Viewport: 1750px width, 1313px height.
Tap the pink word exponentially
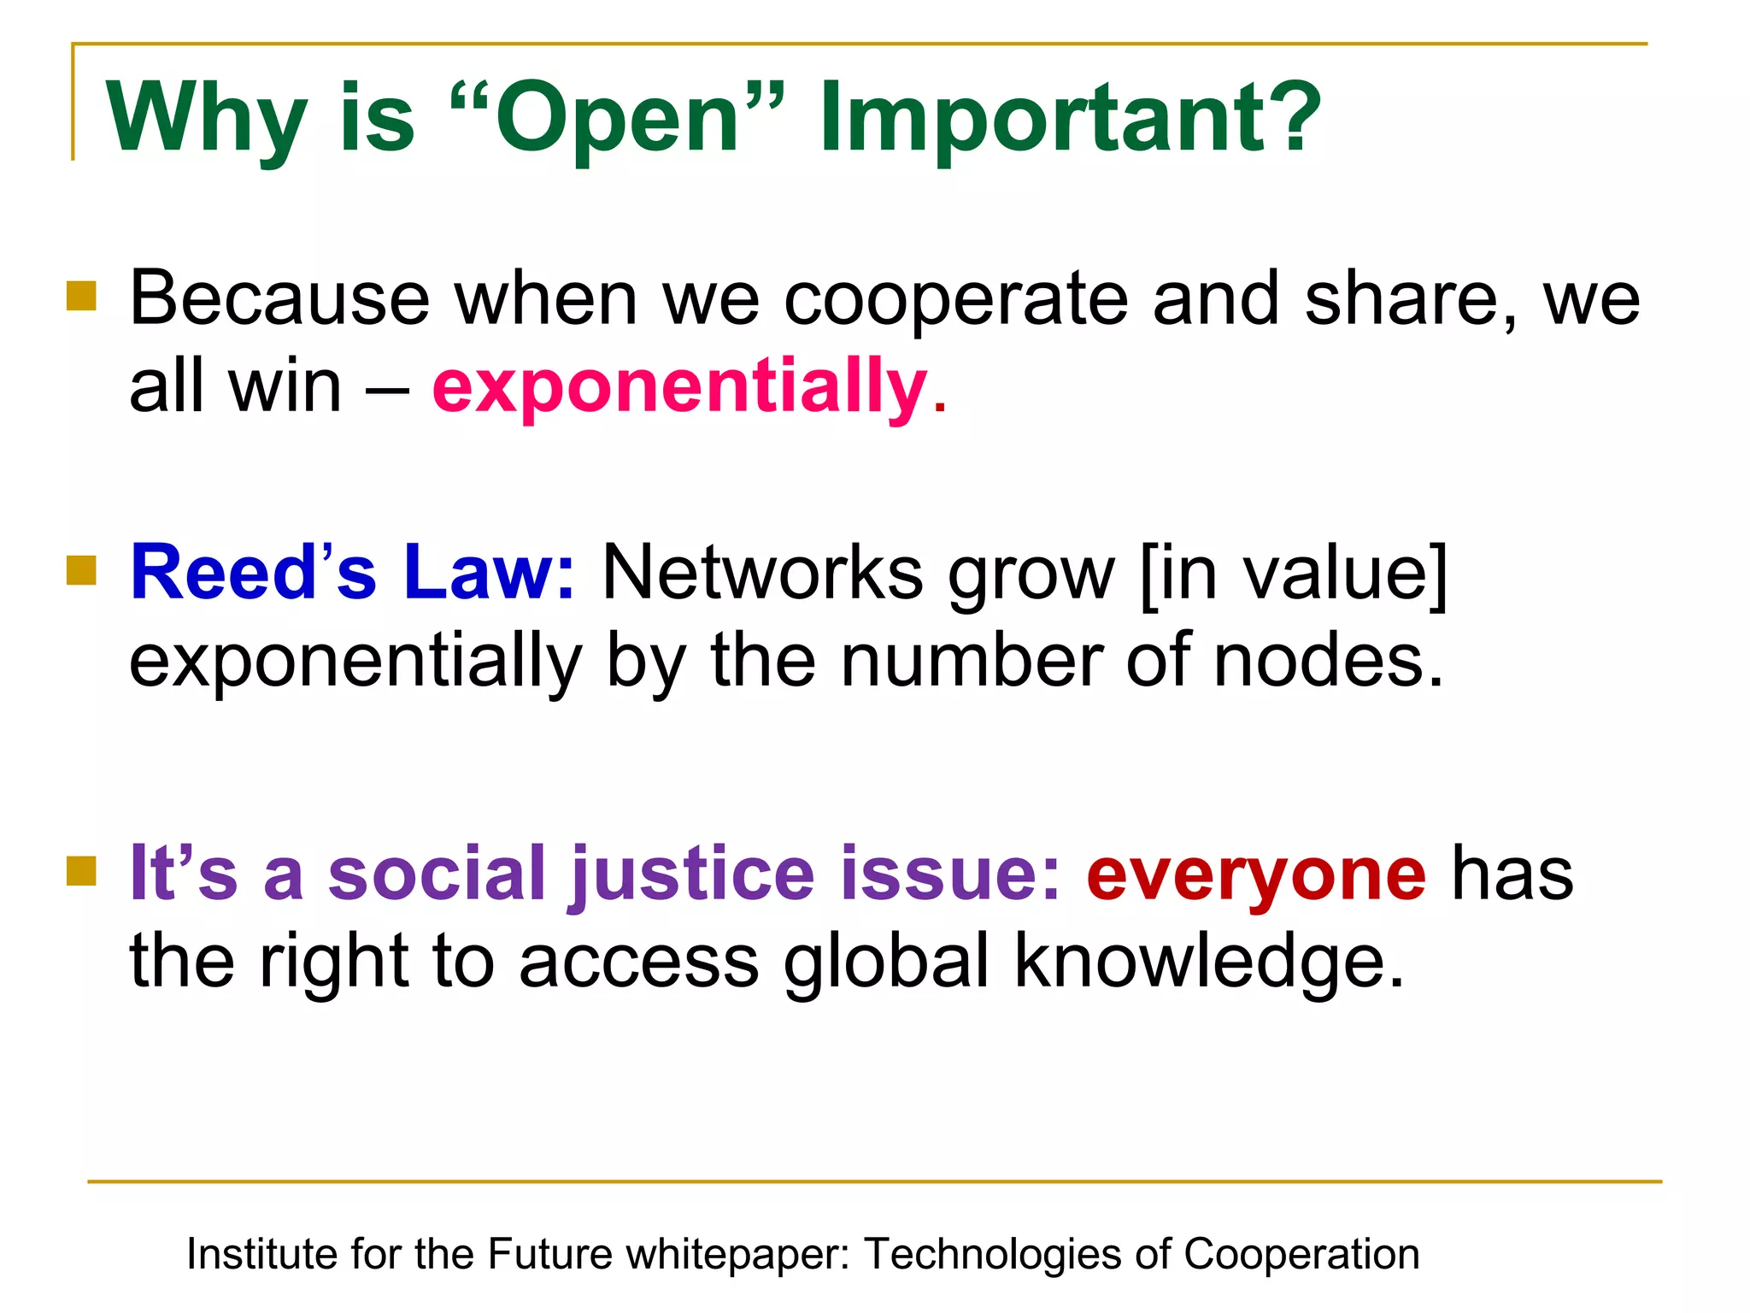click(x=680, y=386)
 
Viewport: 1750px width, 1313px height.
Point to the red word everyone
click(x=1256, y=874)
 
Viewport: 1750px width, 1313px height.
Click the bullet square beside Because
click(x=82, y=297)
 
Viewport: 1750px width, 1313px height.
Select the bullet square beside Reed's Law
click(x=82, y=570)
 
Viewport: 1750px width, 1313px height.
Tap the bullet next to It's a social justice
click(x=82, y=871)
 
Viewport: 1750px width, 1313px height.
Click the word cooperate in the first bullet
click(x=955, y=299)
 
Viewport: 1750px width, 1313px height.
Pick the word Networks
click(x=762, y=573)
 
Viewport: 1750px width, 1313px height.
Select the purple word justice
click(x=692, y=874)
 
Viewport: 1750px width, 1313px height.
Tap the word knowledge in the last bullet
click(x=1208, y=962)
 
